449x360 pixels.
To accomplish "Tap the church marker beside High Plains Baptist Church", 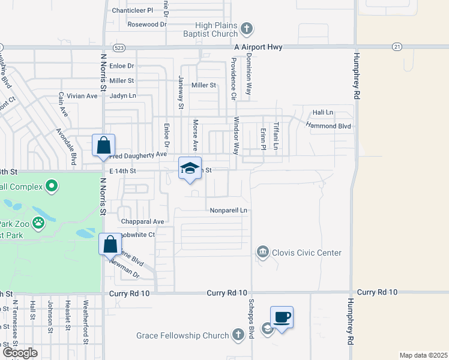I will pos(247,29).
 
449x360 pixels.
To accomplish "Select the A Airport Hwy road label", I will pos(258,47).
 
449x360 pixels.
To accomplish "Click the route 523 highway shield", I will pos(118,47).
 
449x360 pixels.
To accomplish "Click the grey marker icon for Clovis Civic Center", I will pos(262,252).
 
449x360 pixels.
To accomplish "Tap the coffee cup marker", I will pos(281,317).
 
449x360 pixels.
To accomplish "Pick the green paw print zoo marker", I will pos(38,224).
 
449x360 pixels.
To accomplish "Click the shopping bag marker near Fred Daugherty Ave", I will pos(103,145).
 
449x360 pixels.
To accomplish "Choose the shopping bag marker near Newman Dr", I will pos(110,244).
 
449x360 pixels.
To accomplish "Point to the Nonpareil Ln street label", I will pos(229,211).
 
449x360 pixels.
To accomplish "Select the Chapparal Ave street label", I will pos(142,221).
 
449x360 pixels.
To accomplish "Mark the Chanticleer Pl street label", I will pos(133,10).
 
